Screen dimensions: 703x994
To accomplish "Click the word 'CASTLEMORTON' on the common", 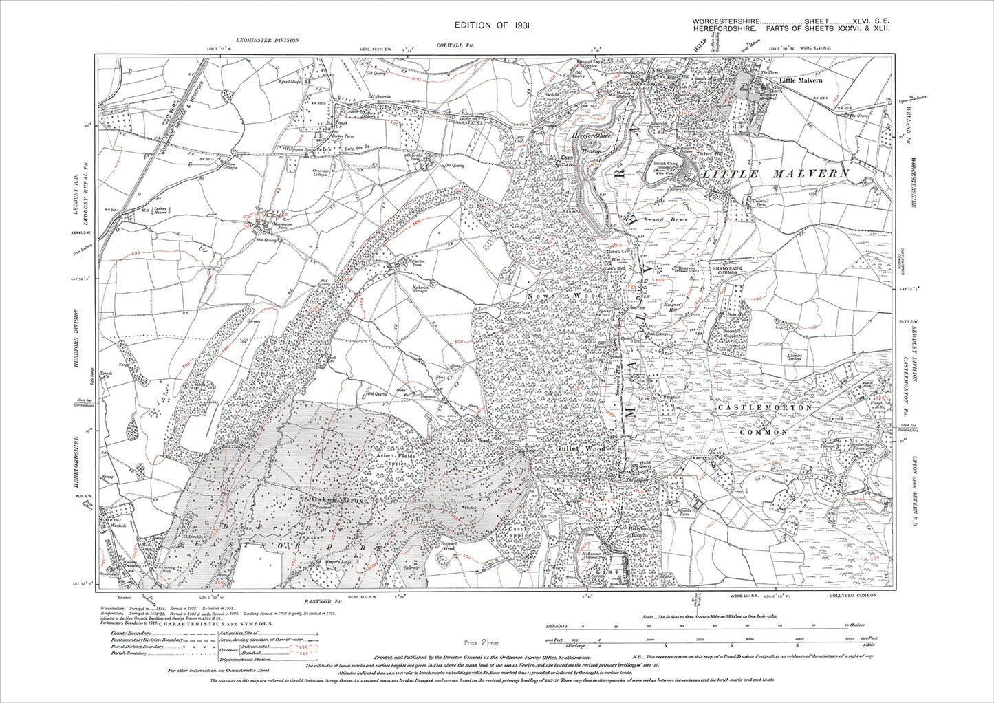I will pyautogui.click(x=764, y=408).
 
